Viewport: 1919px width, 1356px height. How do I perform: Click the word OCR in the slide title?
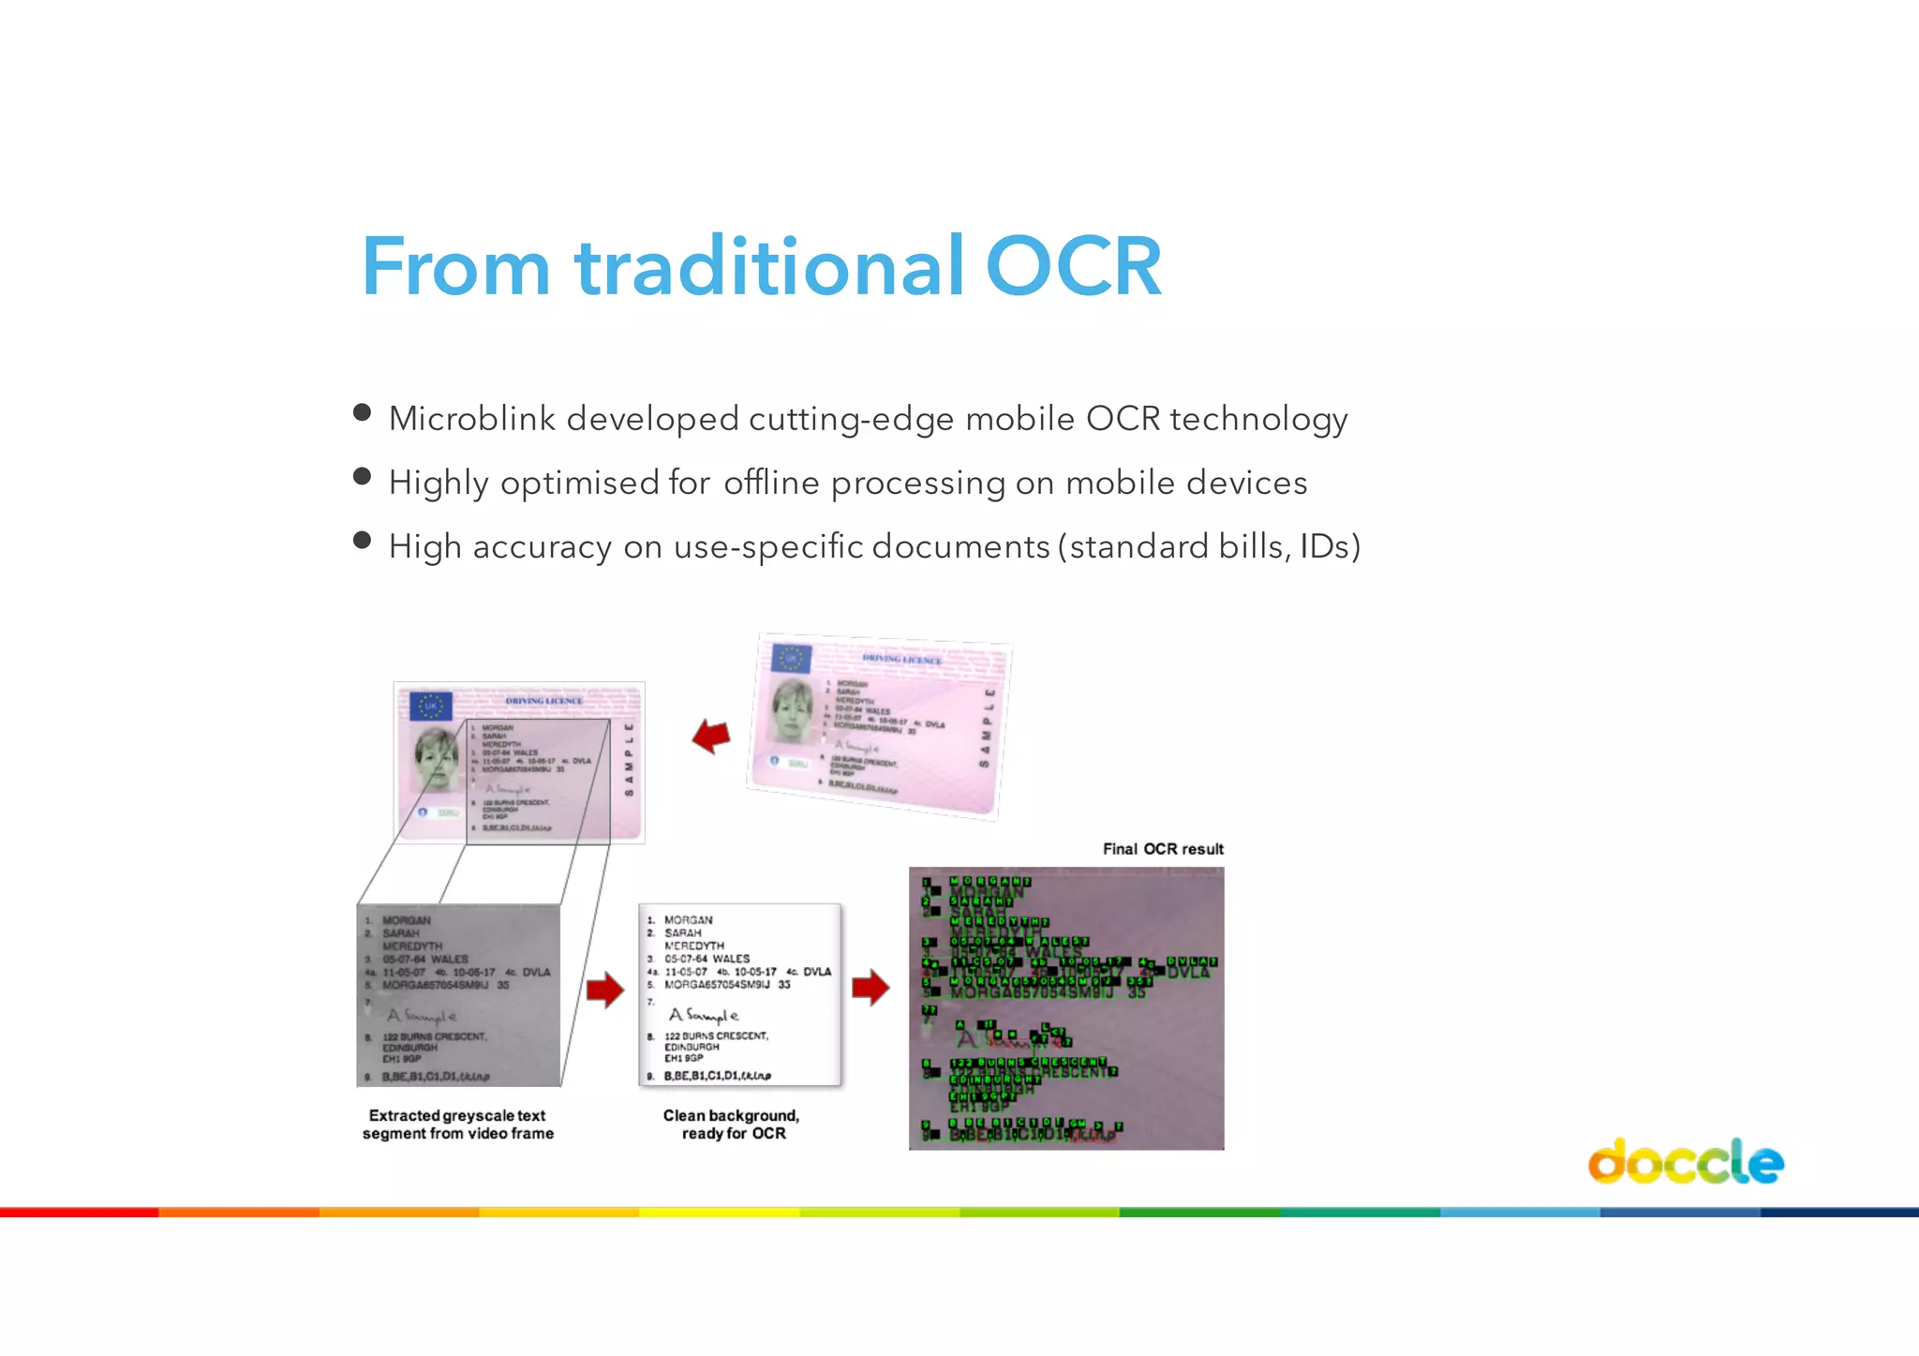click(x=1073, y=267)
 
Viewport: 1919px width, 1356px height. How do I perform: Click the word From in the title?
click(x=455, y=267)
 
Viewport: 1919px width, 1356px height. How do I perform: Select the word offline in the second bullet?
click(x=771, y=483)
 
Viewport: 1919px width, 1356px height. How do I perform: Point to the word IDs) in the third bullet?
click(x=1330, y=546)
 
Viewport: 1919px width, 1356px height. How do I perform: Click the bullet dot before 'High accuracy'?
click(x=363, y=541)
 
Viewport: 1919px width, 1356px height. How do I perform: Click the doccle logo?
click(x=1685, y=1162)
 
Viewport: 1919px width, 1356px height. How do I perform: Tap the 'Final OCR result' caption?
click(x=1163, y=849)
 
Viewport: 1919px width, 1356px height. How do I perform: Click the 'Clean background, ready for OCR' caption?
click(x=732, y=1125)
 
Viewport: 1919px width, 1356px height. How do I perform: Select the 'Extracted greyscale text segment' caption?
click(x=457, y=1125)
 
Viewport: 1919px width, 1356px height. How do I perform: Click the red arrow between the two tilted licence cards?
click(x=712, y=737)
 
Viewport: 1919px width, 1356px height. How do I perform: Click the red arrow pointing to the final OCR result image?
click(x=870, y=988)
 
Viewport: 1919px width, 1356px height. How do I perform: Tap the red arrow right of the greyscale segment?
click(x=605, y=990)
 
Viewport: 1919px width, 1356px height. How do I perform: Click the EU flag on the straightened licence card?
click(x=431, y=706)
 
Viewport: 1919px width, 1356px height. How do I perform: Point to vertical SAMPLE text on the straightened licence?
click(x=629, y=759)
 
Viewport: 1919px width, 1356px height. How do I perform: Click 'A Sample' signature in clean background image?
click(x=704, y=1015)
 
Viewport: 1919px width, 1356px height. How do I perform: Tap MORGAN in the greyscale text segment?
click(x=407, y=920)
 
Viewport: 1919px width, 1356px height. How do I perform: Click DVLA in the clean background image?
click(x=817, y=972)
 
